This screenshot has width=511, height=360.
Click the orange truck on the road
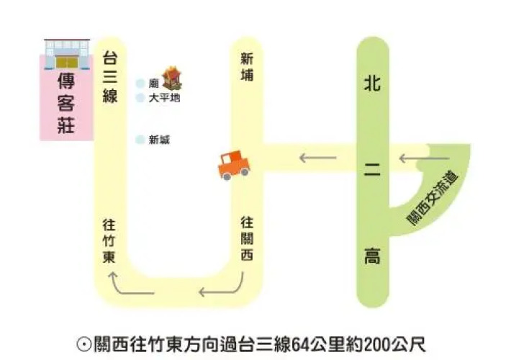[234, 165]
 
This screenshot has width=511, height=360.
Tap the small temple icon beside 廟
[172, 78]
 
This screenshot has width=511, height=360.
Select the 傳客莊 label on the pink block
[66, 103]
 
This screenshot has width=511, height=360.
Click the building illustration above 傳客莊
[67, 54]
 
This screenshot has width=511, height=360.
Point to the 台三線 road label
[110, 76]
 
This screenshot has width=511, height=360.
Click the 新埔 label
[247, 67]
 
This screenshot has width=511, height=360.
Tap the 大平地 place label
[164, 98]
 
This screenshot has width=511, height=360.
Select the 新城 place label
[159, 140]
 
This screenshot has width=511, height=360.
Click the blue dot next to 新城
[140, 140]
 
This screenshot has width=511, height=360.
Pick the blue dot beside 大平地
[140, 97]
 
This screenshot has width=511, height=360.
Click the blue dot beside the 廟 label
[140, 84]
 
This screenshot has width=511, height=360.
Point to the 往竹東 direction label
[109, 241]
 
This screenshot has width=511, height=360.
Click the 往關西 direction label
[247, 238]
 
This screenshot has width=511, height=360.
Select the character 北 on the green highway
[372, 82]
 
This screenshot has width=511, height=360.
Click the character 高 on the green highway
[373, 256]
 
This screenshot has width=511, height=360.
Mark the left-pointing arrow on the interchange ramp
[425, 158]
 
